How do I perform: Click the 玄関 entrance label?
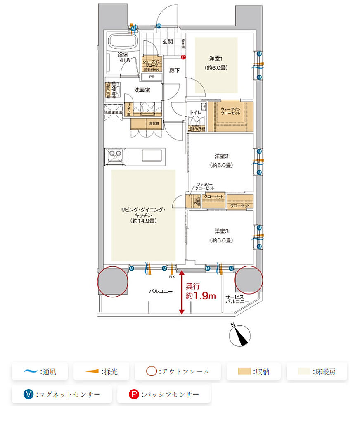(x=167, y=42)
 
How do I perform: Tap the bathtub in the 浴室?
(x=123, y=43)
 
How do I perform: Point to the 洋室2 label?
(x=222, y=156)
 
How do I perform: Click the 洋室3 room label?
(x=221, y=231)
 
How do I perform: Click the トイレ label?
(x=195, y=112)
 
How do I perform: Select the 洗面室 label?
(x=142, y=89)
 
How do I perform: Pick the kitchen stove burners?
(x=114, y=155)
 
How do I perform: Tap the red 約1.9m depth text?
(x=201, y=296)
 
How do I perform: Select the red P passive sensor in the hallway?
(x=184, y=58)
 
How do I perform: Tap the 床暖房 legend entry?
(x=317, y=371)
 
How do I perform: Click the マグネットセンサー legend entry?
(x=62, y=394)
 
